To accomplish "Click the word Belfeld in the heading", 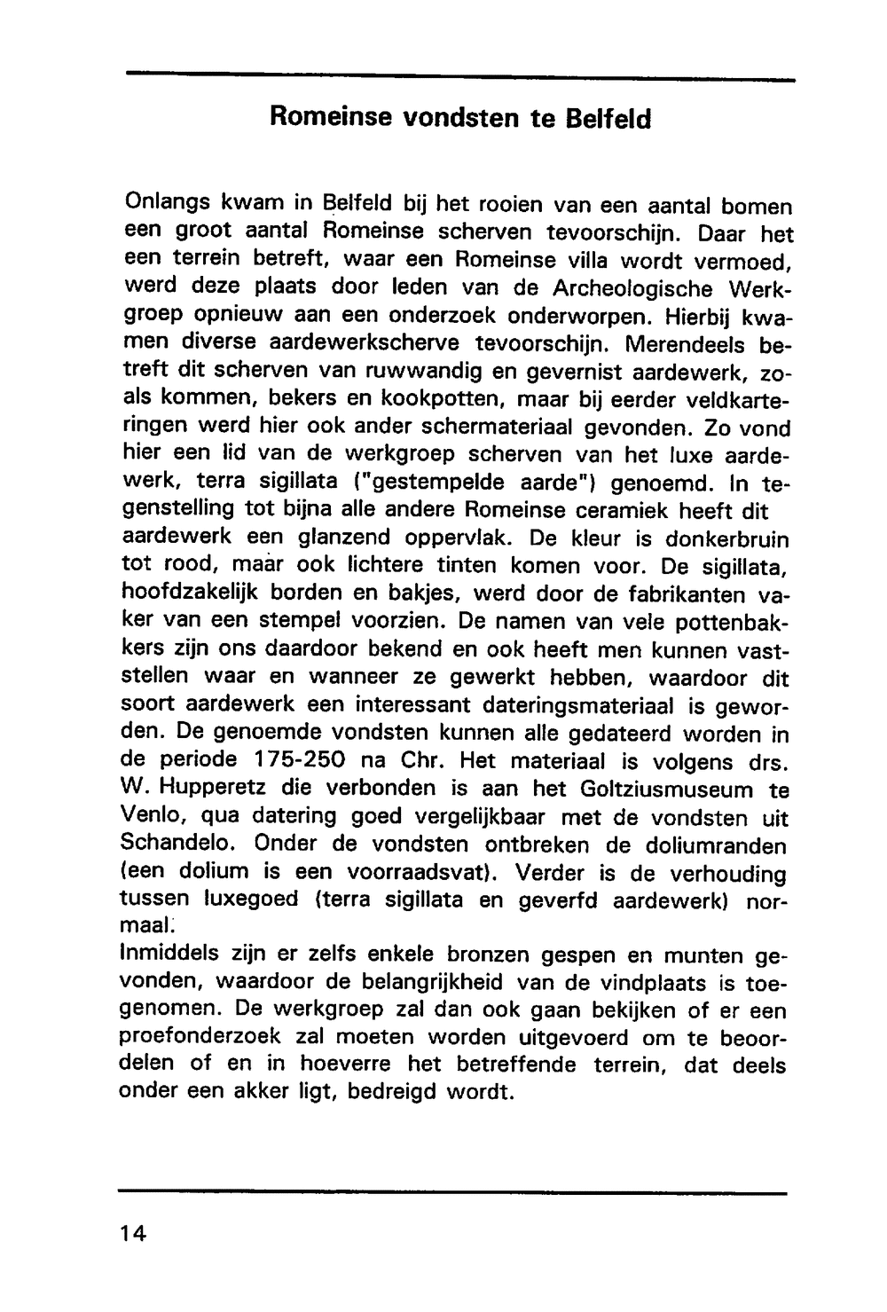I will click(608, 119).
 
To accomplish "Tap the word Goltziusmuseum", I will click(666, 789).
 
